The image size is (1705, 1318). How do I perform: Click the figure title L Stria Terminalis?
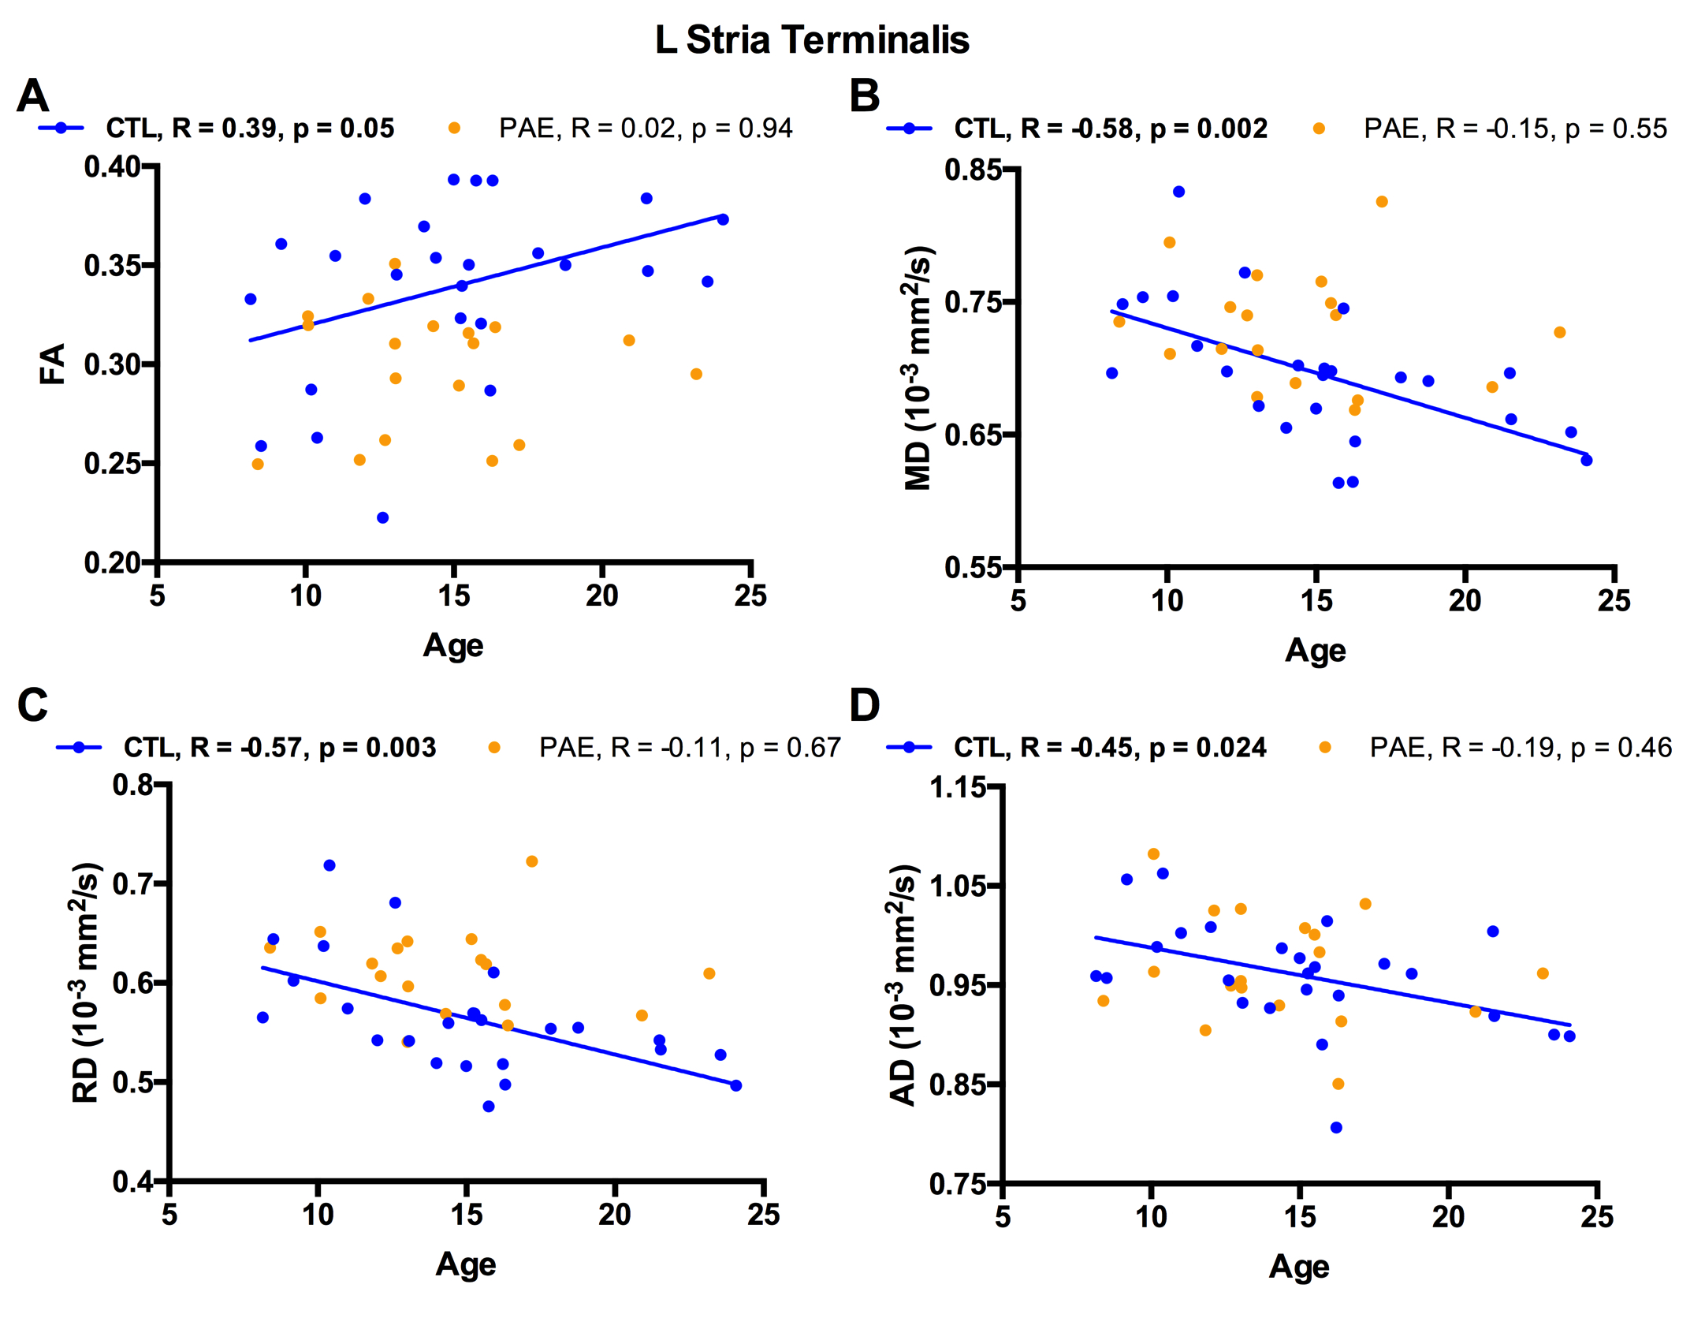[x=812, y=40]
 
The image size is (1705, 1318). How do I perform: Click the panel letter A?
[x=32, y=96]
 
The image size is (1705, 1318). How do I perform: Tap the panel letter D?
[x=864, y=705]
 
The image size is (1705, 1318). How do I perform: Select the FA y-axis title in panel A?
[x=52, y=364]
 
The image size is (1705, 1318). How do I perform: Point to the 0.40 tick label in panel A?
[x=112, y=167]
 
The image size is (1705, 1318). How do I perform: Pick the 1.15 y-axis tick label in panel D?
[x=958, y=787]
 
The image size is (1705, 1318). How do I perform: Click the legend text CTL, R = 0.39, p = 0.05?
[x=250, y=129]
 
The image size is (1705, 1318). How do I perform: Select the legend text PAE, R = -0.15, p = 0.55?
[x=1515, y=129]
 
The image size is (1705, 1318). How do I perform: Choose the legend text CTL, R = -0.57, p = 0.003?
[x=280, y=748]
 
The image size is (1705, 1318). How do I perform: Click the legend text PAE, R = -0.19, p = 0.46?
[x=1521, y=748]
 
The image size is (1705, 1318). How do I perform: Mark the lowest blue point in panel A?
[x=382, y=517]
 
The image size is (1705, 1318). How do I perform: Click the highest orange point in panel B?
[x=1382, y=202]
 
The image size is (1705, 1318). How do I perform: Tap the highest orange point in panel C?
[x=532, y=861]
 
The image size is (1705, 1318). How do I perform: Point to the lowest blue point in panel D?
[x=1336, y=1128]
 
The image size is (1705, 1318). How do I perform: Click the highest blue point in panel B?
[x=1178, y=192]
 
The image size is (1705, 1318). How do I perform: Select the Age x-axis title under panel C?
[x=466, y=1264]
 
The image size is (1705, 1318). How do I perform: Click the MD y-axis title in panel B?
[x=919, y=368]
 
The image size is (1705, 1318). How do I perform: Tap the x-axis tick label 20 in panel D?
[x=1449, y=1217]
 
